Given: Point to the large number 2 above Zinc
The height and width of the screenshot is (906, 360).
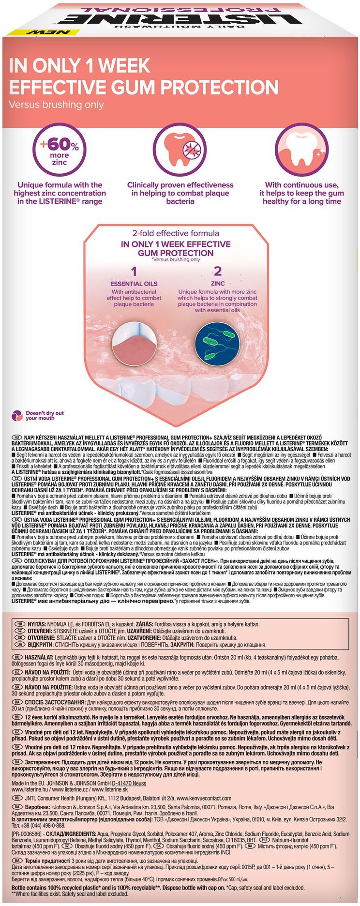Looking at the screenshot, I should coord(217,271).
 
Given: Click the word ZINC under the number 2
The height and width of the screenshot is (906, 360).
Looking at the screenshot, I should coord(217,284).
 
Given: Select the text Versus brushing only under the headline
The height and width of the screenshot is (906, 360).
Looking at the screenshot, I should coord(57,105).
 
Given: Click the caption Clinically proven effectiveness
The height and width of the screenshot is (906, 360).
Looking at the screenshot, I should coord(180,185).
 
